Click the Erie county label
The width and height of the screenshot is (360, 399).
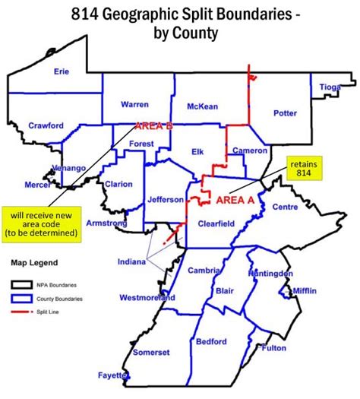tap(62, 71)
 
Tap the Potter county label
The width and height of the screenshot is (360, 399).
tap(285, 113)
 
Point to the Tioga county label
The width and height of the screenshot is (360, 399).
tap(329, 87)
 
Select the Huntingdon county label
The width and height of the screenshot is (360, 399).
tap(270, 272)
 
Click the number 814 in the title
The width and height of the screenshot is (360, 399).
tap(88, 13)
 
